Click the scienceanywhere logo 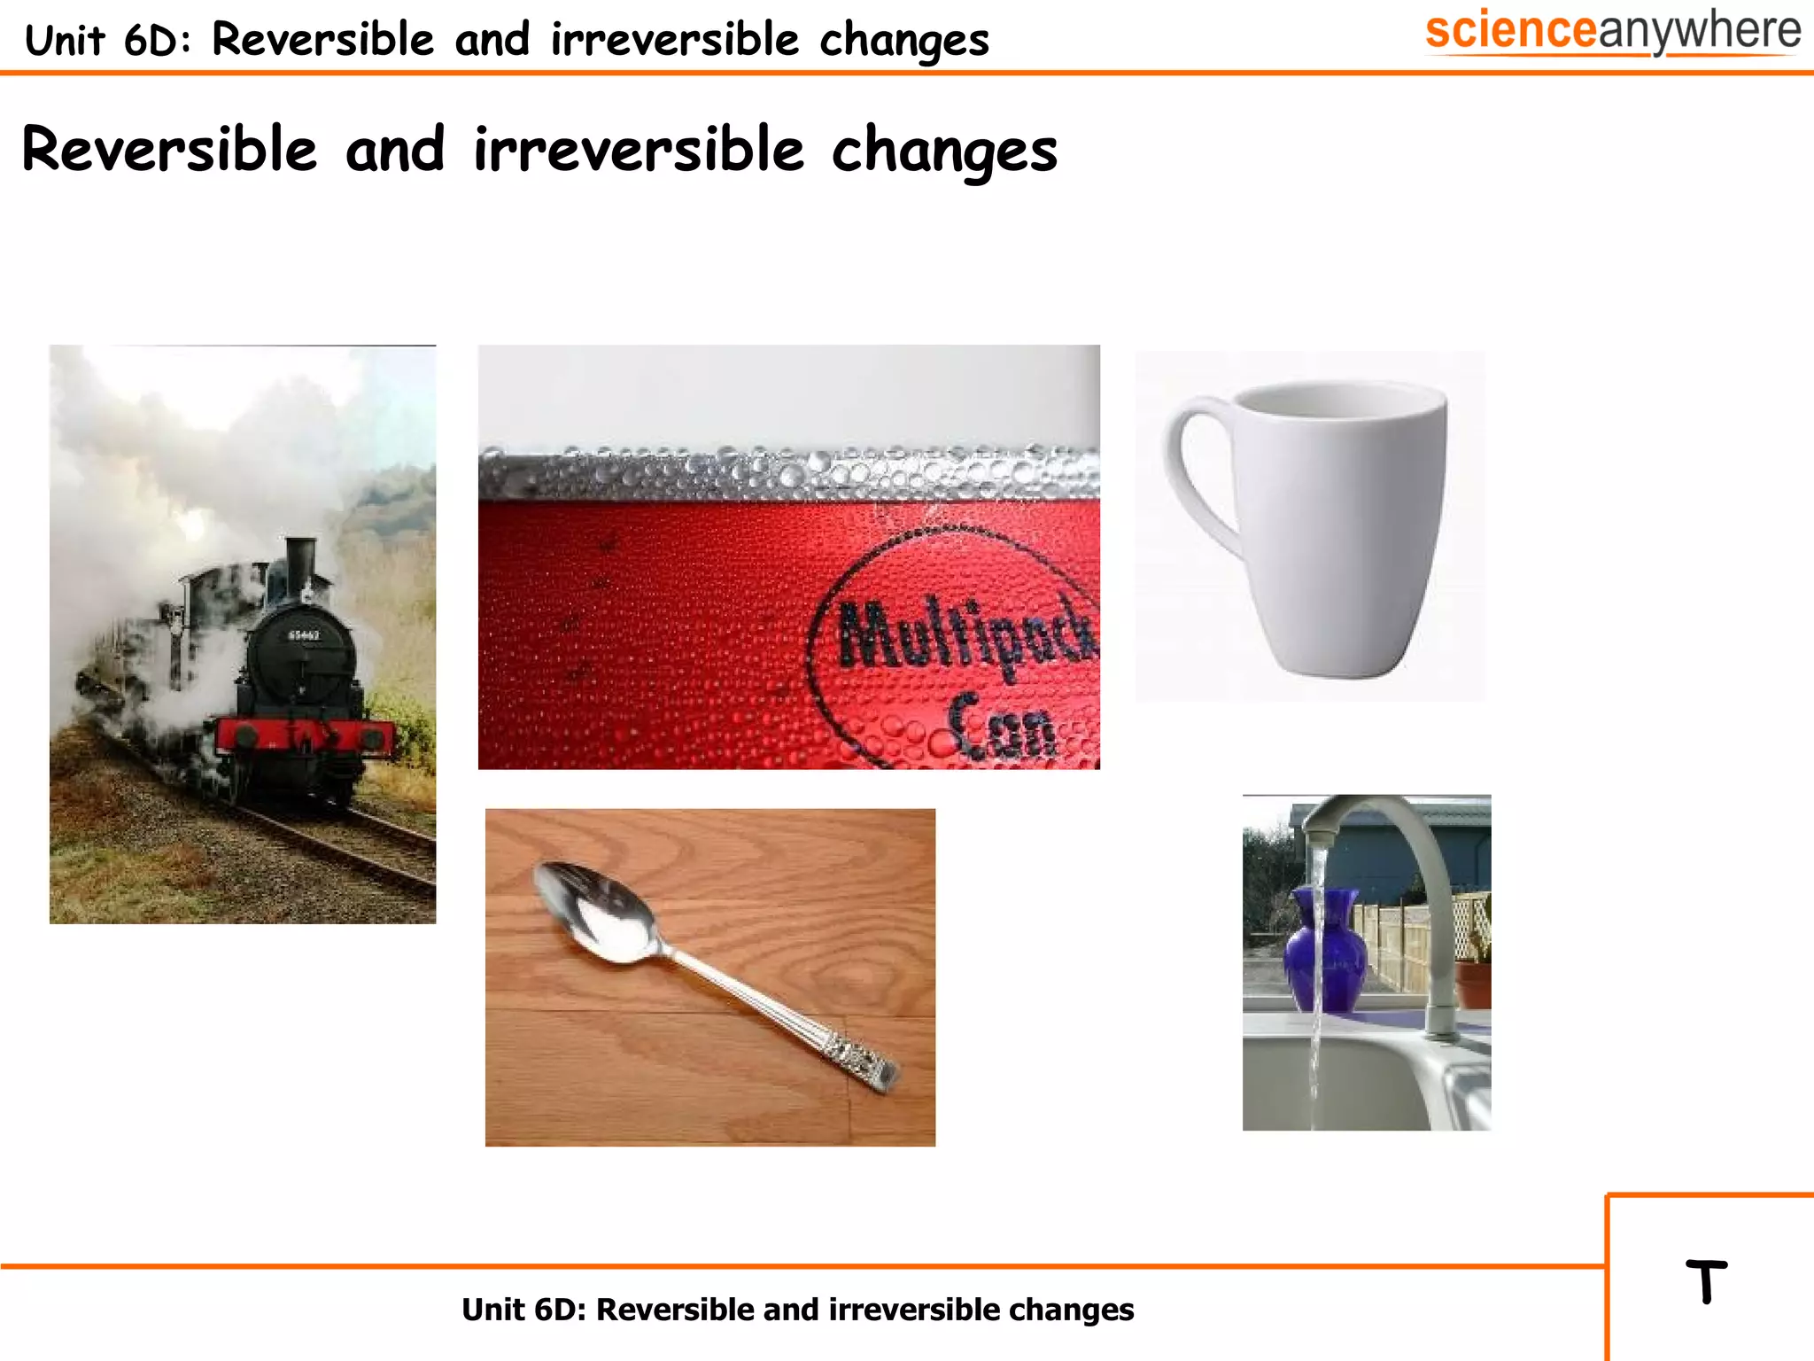(x=1612, y=32)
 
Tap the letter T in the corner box (x=1706, y=1281)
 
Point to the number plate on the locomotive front (x=304, y=635)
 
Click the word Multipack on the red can (x=965, y=634)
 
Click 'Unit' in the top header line (x=65, y=41)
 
